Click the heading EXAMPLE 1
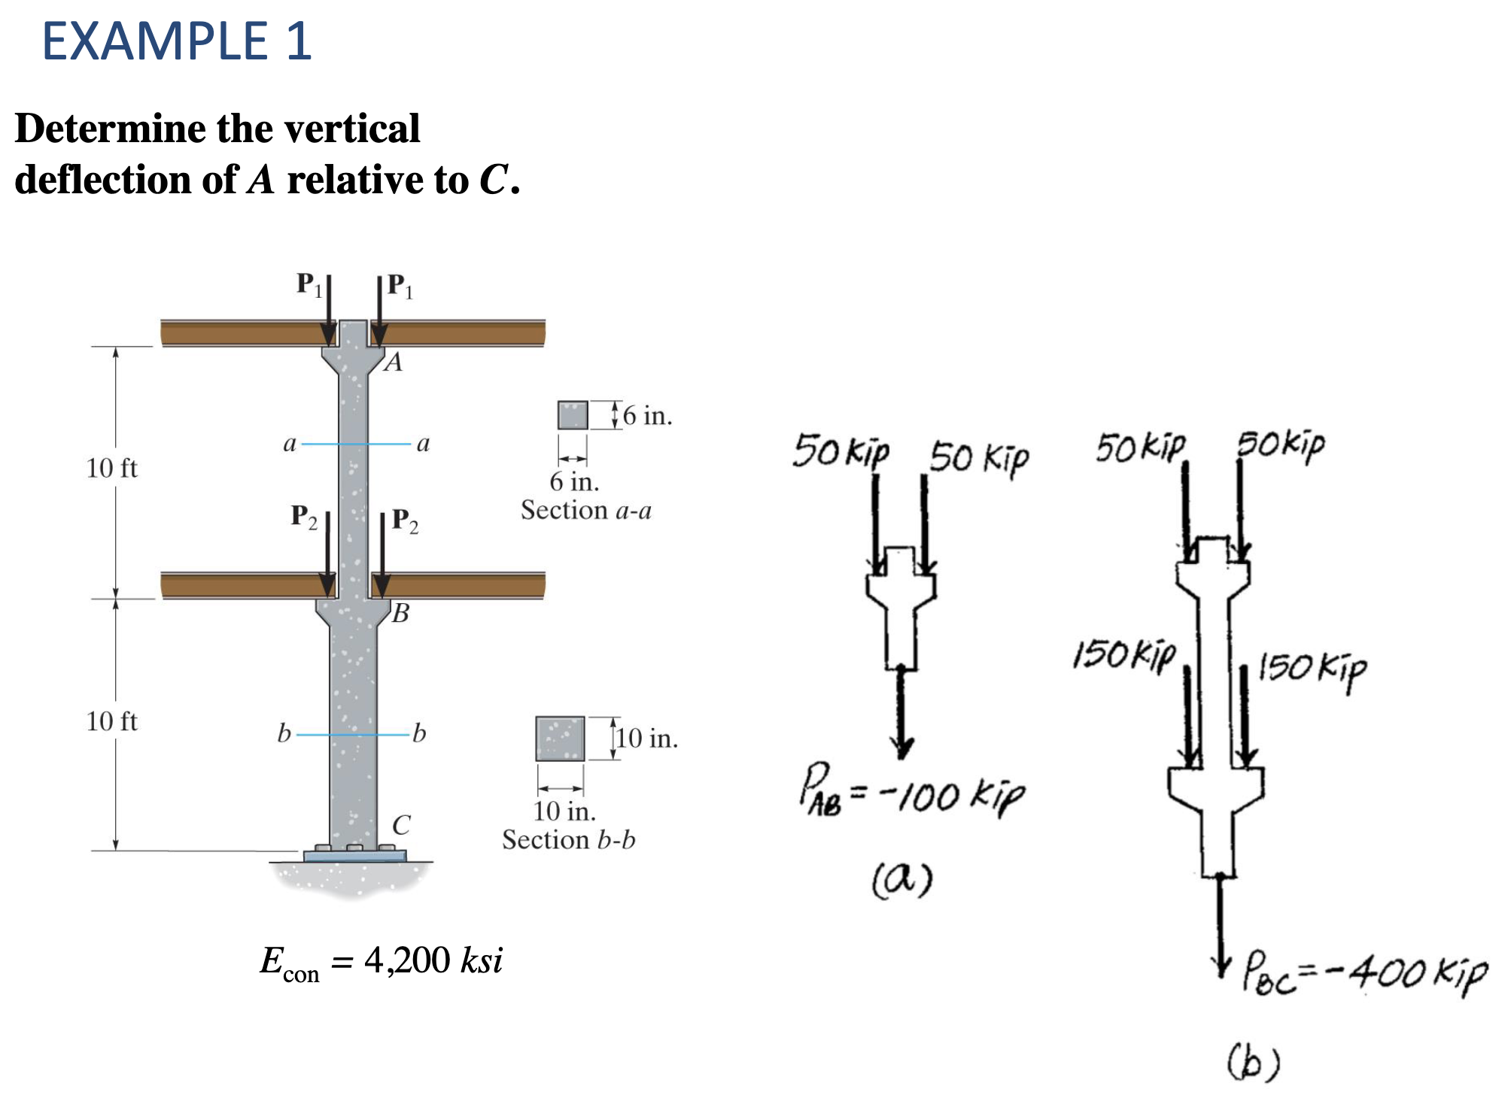pyautogui.click(x=177, y=41)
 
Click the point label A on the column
pyautogui.click(x=393, y=362)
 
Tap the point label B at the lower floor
pyautogui.click(x=400, y=614)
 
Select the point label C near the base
pyautogui.click(x=401, y=825)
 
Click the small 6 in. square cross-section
pyautogui.click(x=573, y=415)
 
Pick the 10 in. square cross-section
pyautogui.click(x=560, y=739)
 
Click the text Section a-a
pyautogui.click(x=585, y=511)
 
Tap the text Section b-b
pyautogui.click(x=569, y=840)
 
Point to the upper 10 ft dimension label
pyautogui.click(x=111, y=469)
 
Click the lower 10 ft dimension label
pyautogui.click(x=111, y=722)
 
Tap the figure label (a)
pyautogui.click(x=902, y=878)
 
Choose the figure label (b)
pyautogui.click(x=1253, y=1062)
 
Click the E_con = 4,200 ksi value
pyautogui.click(x=381, y=962)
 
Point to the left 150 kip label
pyautogui.click(x=1123, y=655)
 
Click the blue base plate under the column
pyautogui.click(x=355, y=856)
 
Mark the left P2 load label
pyautogui.click(x=303, y=517)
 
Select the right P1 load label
pyautogui.click(x=400, y=287)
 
